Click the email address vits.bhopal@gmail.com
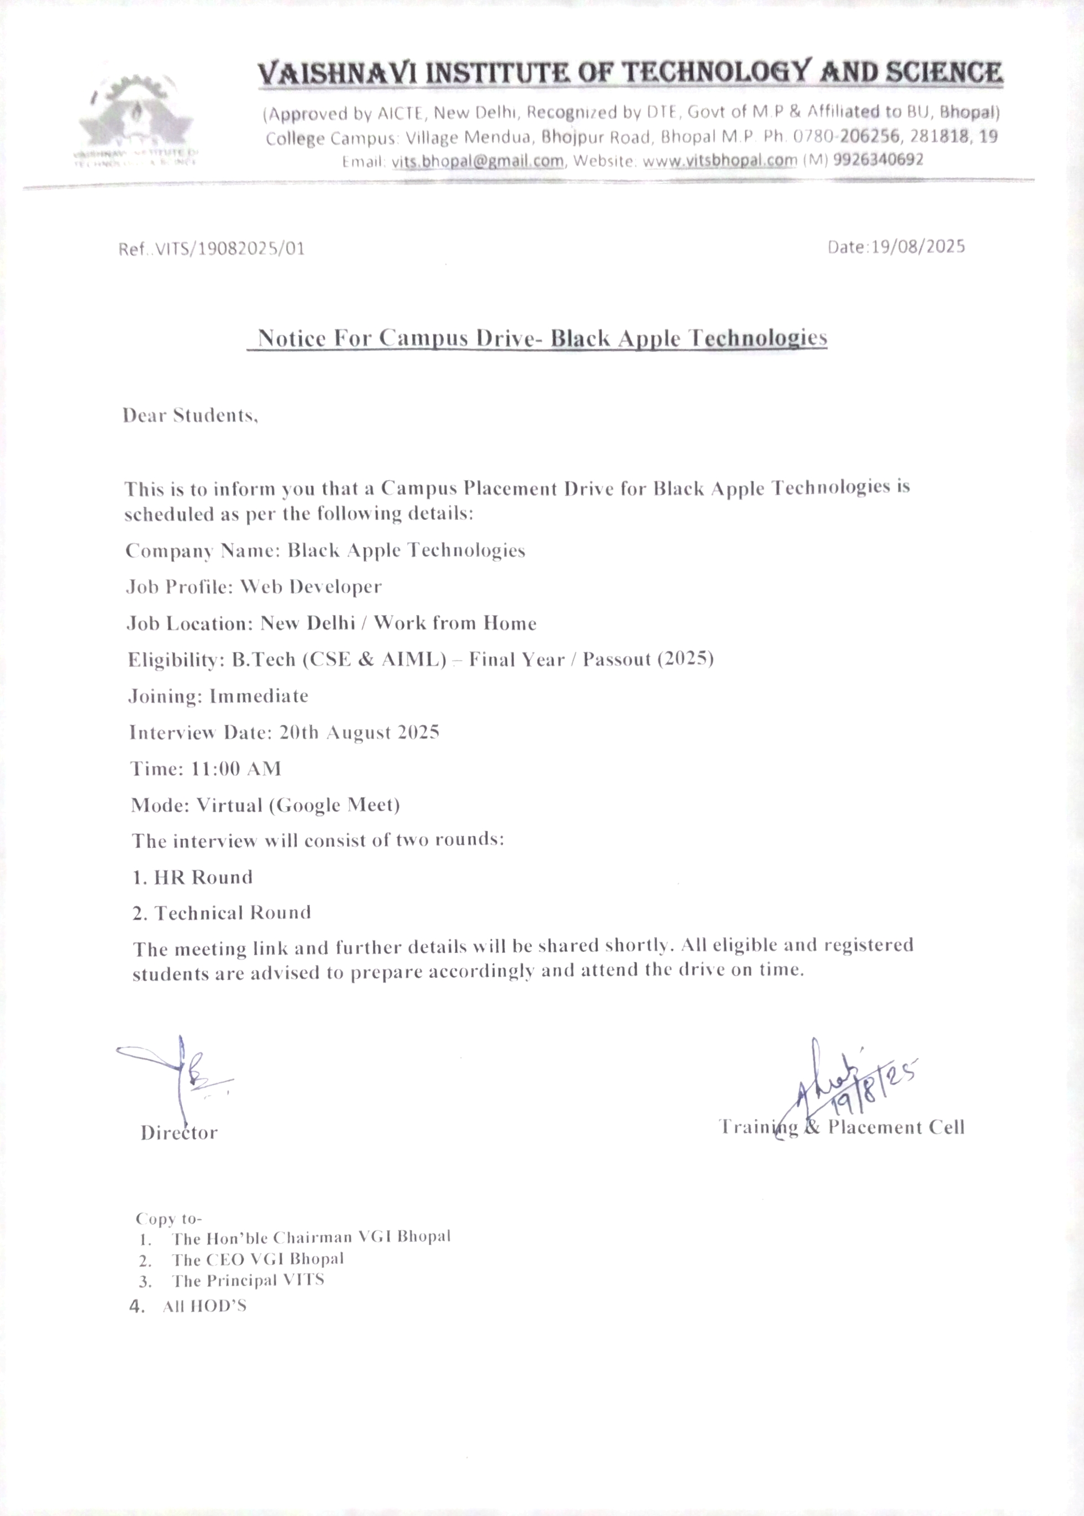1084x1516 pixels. (x=477, y=161)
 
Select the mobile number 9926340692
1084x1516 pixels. (x=878, y=160)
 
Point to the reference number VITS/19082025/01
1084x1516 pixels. (x=229, y=249)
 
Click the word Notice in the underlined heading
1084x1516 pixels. (x=292, y=338)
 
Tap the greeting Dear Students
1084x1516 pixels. (x=190, y=415)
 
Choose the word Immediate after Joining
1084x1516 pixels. (x=259, y=696)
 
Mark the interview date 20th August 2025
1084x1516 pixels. (x=359, y=732)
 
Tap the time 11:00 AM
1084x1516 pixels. (x=235, y=768)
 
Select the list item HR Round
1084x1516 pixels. (x=203, y=877)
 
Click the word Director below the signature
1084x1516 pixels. (x=179, y=1133)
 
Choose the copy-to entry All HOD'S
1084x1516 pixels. (x=204, y=1307)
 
